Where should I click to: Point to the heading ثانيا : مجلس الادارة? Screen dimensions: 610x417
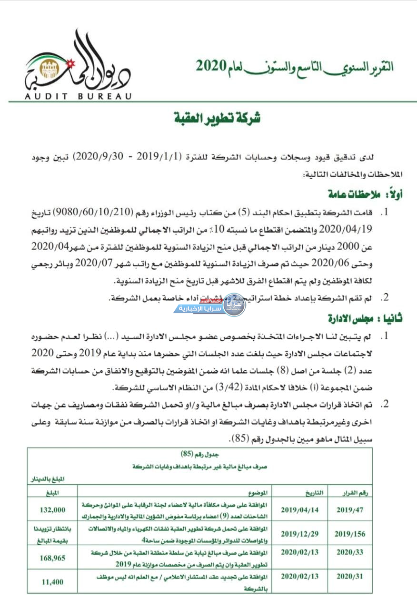coord(364,318)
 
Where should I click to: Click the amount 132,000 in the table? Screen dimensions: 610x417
coord(52,510)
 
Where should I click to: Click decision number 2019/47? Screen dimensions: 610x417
coord(350,509)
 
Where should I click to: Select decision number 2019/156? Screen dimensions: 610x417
coord(350,534)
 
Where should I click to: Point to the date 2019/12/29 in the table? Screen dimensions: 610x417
coord(300,534)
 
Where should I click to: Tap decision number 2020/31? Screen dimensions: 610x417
coord(350,576)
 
